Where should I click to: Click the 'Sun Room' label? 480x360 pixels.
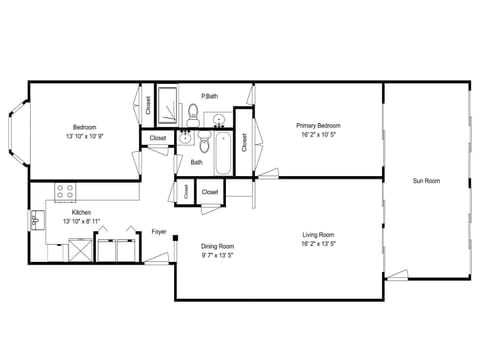(x=426, y=181)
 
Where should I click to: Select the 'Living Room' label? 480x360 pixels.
(x=318, y=236)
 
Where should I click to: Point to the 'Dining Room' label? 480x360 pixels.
(x=217, y=246)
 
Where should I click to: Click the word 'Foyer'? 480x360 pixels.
(x=159, y=232)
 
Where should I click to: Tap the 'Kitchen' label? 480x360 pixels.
(x=82, y=212)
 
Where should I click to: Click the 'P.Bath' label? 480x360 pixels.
(x=210, y=96)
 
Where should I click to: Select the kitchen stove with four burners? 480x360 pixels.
(x=67, y=190)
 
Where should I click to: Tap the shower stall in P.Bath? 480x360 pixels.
(x=169, y=104)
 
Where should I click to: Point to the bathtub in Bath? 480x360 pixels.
(x=222, y=155)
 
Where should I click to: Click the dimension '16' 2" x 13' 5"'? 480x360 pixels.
(x=318, y=245)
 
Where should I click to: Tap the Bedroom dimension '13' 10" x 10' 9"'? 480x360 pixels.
(x=85, y=136)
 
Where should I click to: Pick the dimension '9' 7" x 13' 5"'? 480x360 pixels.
(x=217, y=255)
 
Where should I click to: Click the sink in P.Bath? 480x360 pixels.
(x=219, y=121)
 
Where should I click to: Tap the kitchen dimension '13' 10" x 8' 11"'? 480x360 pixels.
(x=82, y=221)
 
